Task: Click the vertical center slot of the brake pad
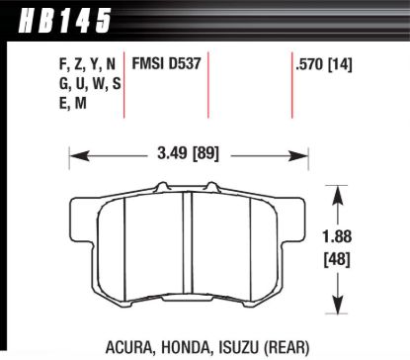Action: pyautogui.click(x=188, y=247)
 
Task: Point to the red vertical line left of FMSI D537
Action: pyautogui.click(x=124, y=84)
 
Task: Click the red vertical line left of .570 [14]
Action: pyautogui.click(x=291, y=84)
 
